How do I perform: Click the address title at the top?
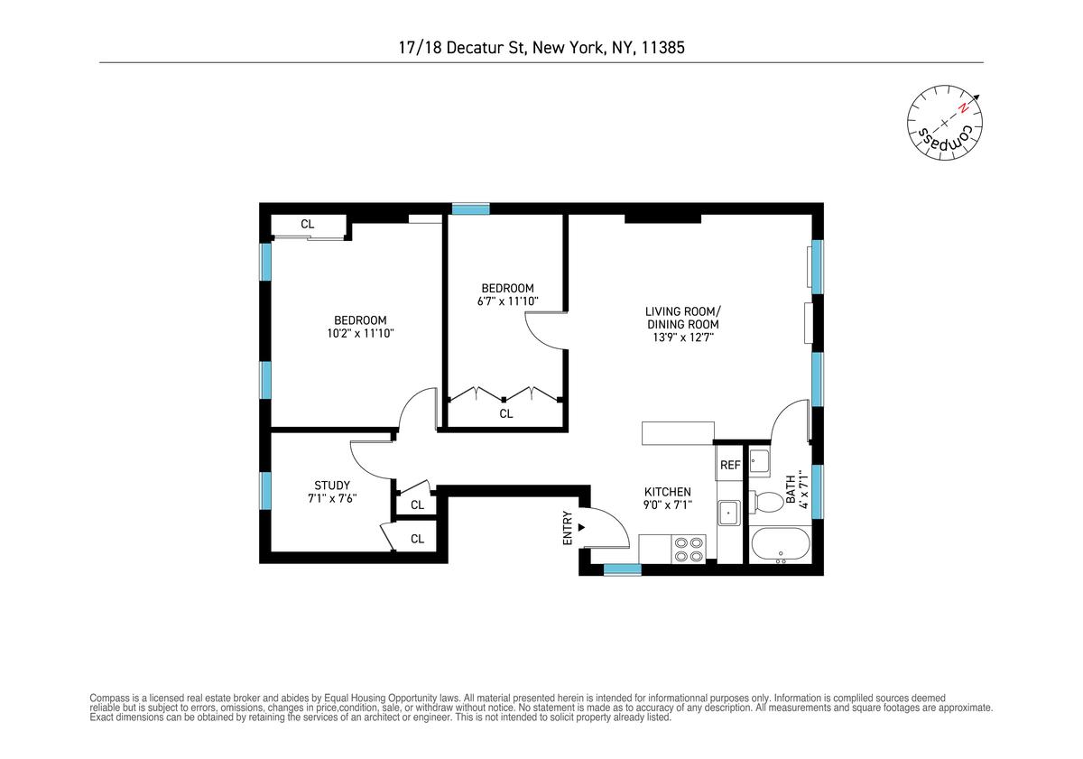541,47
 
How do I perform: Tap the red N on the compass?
963,109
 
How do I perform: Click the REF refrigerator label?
730,465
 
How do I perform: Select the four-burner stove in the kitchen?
689,550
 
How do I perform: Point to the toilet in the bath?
766,501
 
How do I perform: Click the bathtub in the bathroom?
781,544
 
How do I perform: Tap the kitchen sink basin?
728,513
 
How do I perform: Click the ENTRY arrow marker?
581,527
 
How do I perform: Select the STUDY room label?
332,486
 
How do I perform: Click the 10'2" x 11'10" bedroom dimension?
361,333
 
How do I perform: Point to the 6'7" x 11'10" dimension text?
507,301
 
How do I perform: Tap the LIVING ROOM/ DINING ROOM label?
682,318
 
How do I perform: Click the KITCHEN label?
668,492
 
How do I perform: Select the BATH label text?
791,489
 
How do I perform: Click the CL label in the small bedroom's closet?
506,414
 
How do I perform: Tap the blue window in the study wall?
265,491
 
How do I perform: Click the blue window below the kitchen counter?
622,570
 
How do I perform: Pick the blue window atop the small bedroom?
471,208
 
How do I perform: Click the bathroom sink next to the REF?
760,461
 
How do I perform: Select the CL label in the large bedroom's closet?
308,225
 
